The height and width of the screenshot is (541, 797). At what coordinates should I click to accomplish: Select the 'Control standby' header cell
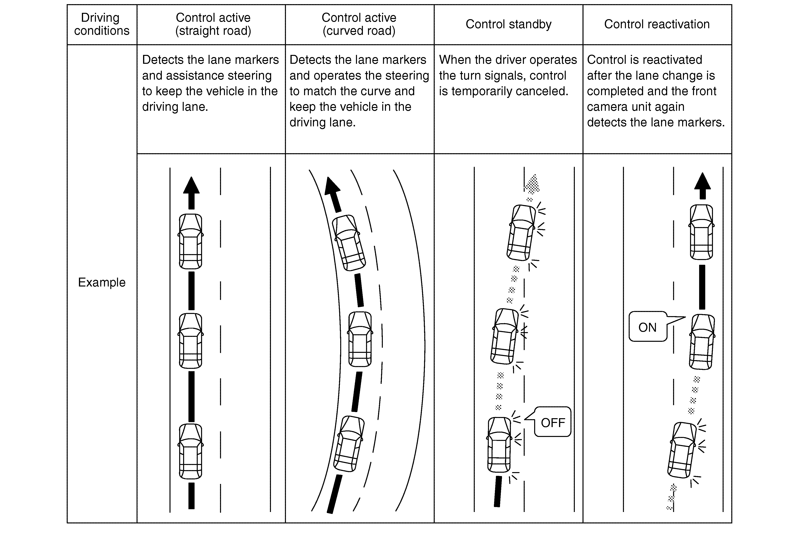(x=508, y=24)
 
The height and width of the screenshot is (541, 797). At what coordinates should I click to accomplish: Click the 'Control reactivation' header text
(x=657, y=24)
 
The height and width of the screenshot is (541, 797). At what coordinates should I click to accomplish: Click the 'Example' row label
(x=102, y=282)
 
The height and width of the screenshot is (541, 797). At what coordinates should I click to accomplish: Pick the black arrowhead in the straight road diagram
(x=191, y=185)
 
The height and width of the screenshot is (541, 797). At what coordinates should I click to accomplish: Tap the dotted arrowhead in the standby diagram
(x=532, y=184)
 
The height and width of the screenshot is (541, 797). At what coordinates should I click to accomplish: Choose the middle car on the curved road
(x=360, y=339)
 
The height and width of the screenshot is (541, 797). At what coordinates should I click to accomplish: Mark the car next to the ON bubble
(x=702, y=342)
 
